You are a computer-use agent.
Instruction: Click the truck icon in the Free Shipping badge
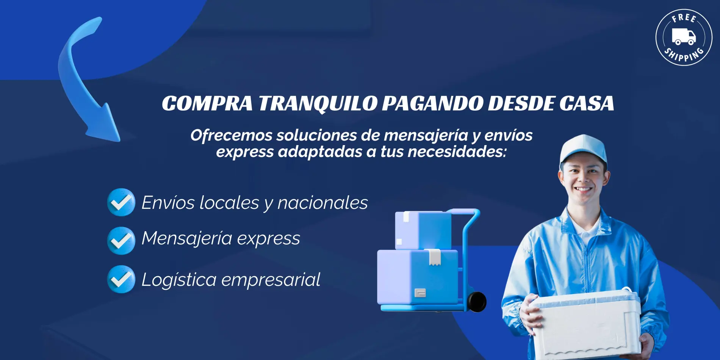coord(684,36)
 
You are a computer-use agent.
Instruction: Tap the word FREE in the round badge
coord(684,18)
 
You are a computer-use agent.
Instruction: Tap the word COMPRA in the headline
coord(207,103)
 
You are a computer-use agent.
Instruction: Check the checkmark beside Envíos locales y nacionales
coord(121,202)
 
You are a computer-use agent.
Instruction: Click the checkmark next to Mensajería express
coord(121,240)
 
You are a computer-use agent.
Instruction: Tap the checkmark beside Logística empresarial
coord(121,279)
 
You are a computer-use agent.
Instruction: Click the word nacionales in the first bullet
coord(322,203)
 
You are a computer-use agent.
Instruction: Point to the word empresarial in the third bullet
coord(271,280)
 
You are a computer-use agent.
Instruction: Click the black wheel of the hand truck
coord(477,302)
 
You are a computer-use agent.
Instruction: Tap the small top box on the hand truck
coord(423,230)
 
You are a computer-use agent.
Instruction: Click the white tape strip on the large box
coord(435,257)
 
